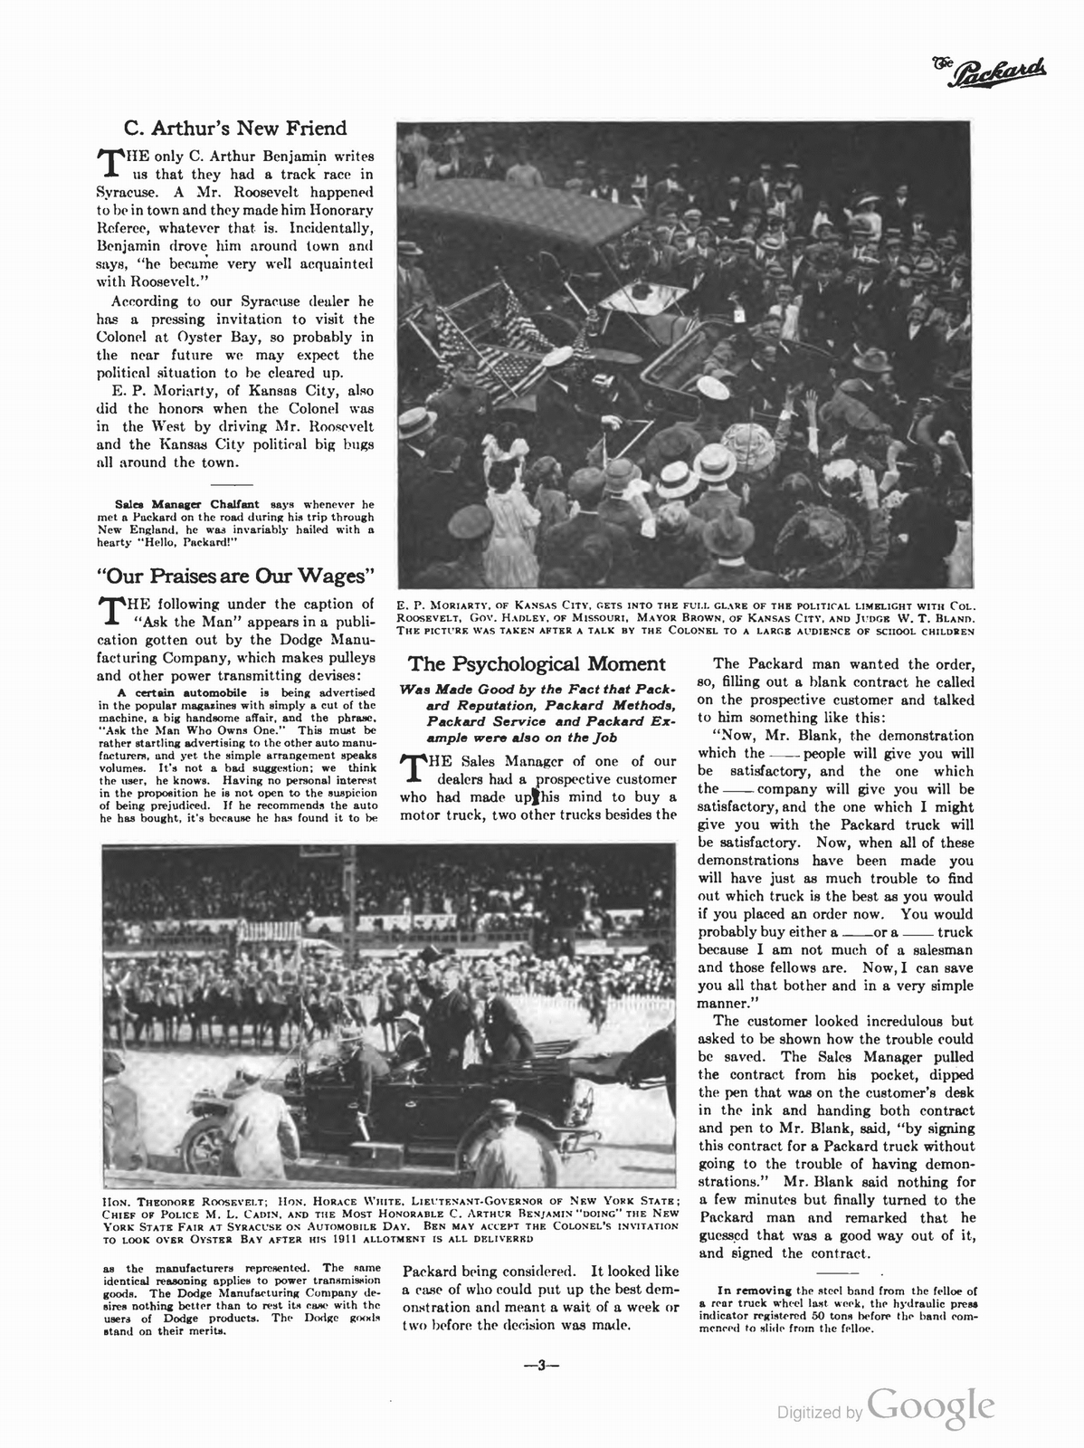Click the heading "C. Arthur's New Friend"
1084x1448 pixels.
click(234, 129)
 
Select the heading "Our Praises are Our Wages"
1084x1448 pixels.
click(235, 576)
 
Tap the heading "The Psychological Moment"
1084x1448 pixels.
click(537, 664)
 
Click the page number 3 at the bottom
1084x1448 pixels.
click(543, 1367)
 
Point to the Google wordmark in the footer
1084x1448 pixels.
click(932, 1405)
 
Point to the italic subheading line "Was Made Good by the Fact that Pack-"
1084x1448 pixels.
click(538, 691)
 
